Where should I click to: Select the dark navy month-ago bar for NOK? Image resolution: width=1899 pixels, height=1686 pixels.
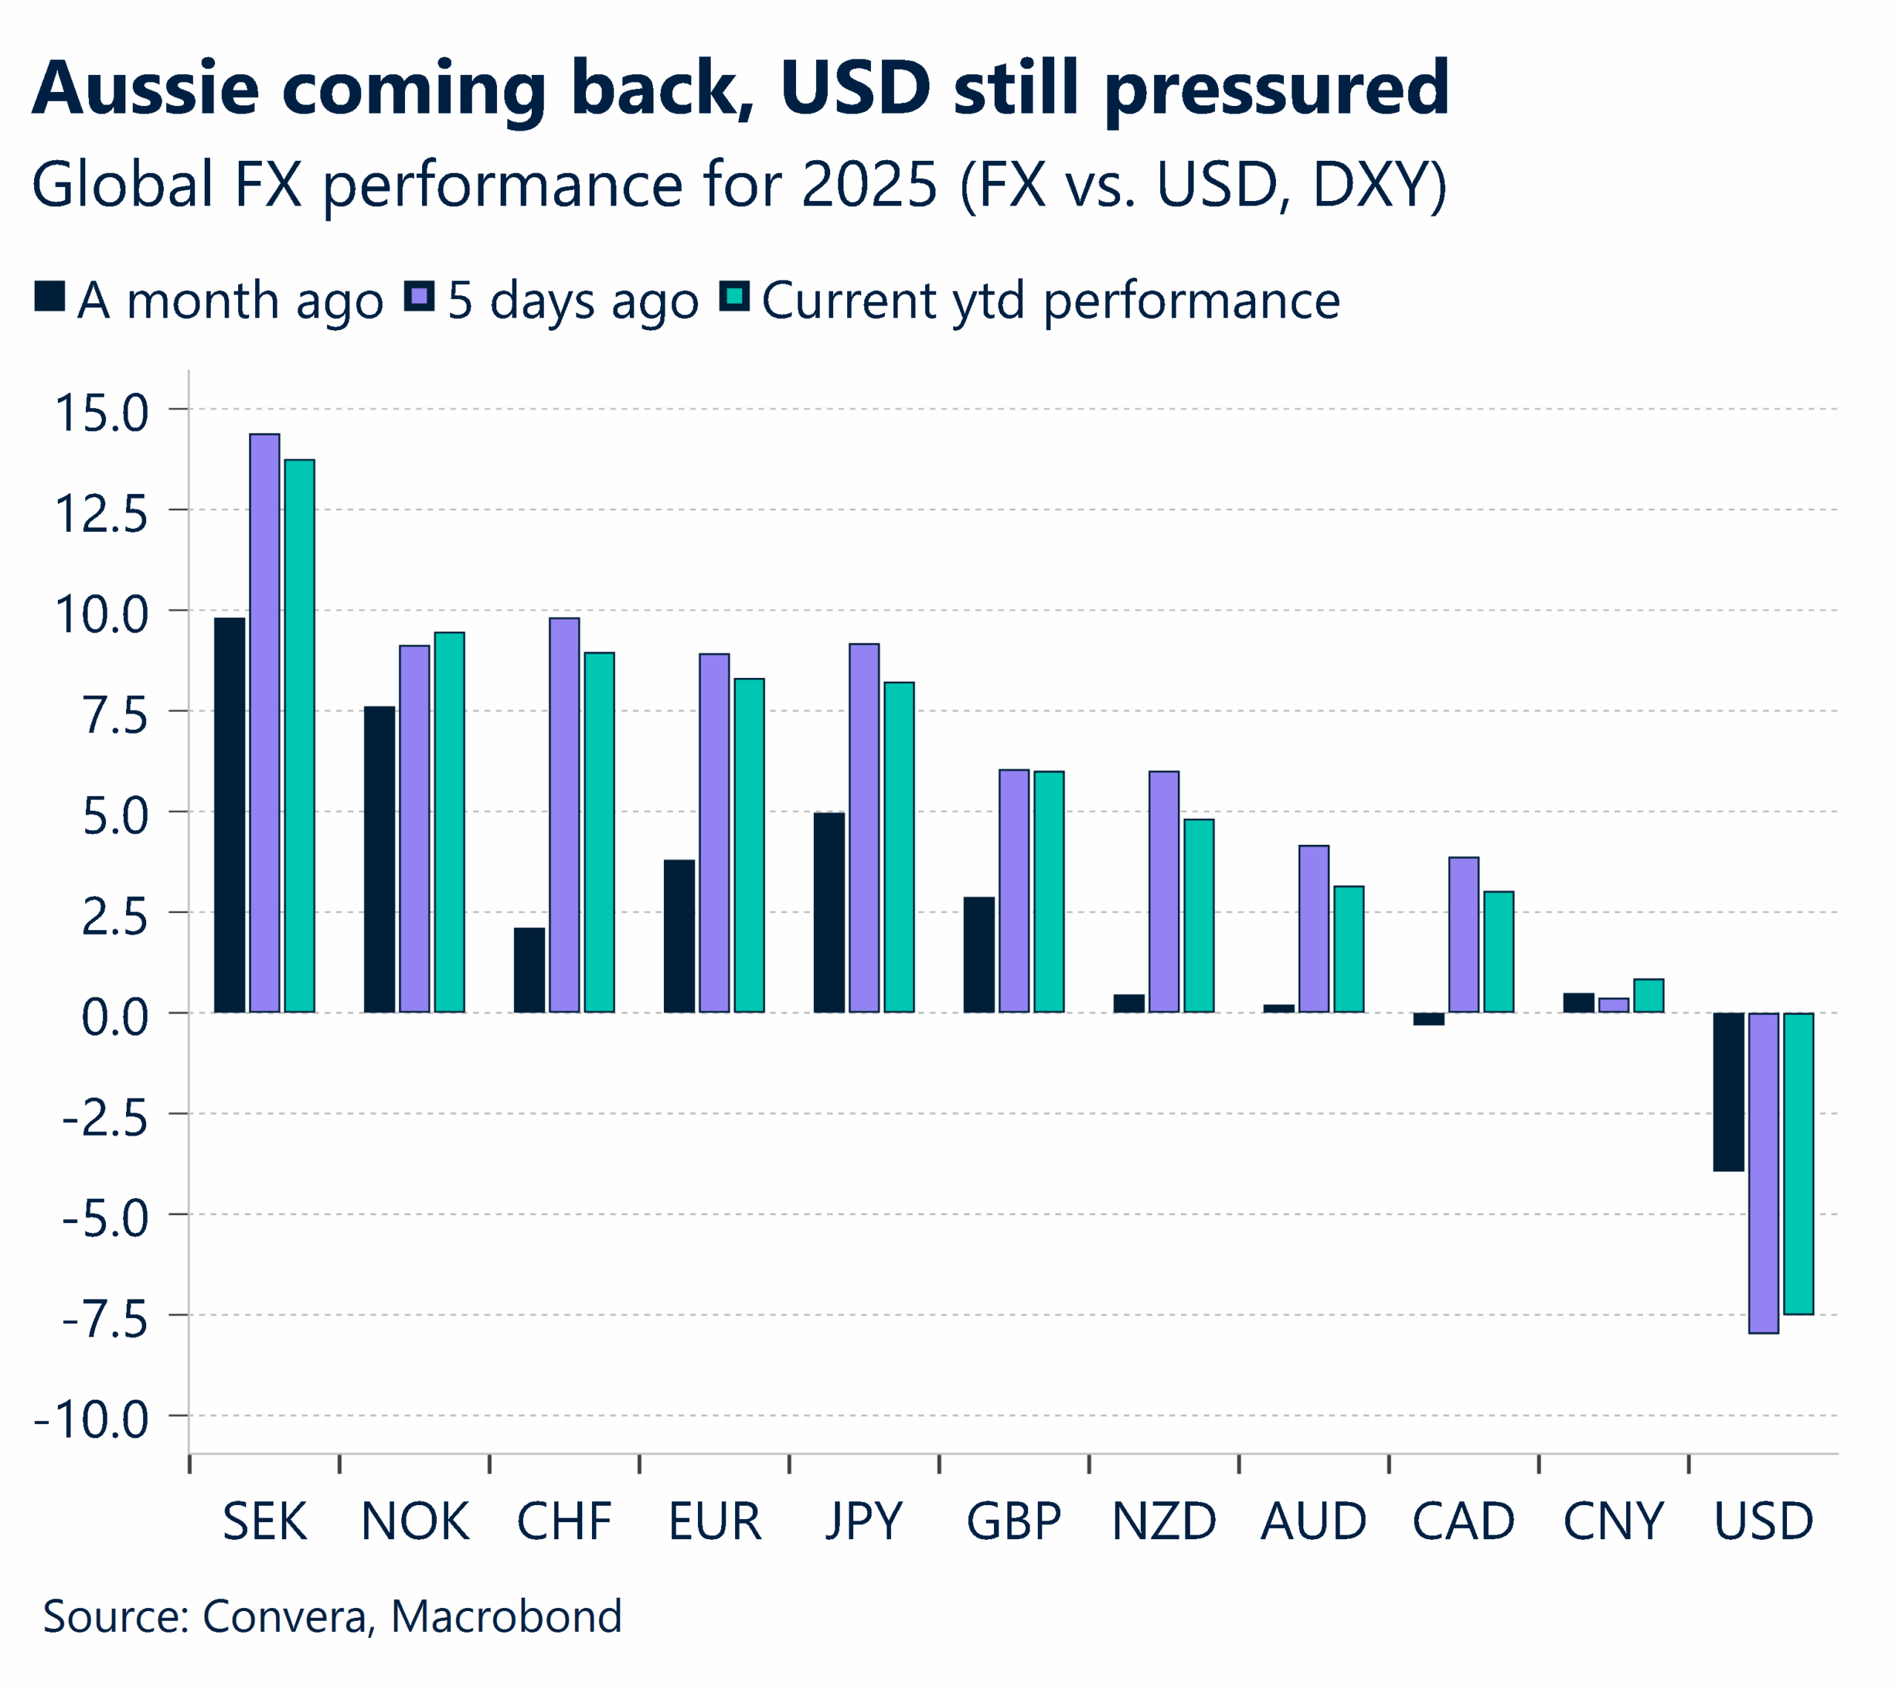[x=379, y=859]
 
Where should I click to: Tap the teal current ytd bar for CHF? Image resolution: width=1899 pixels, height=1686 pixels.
[x=599, y=832]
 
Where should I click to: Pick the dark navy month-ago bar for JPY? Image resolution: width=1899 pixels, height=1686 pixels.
[x=829, y=912]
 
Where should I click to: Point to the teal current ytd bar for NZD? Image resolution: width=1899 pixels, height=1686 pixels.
[x=1199, y=915]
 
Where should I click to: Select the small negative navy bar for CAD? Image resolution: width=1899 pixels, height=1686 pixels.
[x=1428, y=1019]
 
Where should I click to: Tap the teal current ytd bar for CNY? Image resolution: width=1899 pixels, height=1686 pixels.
[x=1648, y=996]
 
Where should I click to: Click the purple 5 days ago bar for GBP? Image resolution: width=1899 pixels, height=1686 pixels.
[x=1013, y=891]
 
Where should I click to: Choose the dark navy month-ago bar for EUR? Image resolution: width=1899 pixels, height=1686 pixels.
[x=679, y=935]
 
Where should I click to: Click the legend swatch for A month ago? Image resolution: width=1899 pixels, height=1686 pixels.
[x=49, y=296]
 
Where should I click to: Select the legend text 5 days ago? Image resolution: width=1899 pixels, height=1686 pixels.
[x=573, y=301]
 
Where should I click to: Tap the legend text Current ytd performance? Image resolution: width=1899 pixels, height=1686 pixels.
[x=1050, y=301]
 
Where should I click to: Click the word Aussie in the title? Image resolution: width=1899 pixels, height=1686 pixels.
[x=146, y=88]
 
